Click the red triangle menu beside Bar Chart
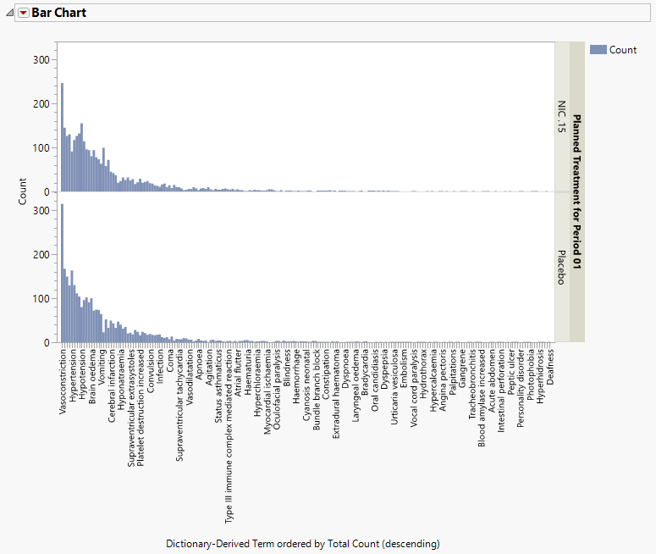pyautogui.click(x=23, y=13)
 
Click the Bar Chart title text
pyautogui.click(x=58, y=13)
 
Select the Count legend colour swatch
pyautogui.click(x=598, y=50)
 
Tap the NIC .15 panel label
pyautogui.click(x=561, y=117)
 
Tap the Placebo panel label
pyautogui.click(x=561, y=267)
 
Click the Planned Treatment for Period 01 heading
pyautogui.click(x=577, y=191)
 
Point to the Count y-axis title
pyautogui.click(x=24, y=191)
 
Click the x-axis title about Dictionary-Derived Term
pyautogui.click(x=302, y=543)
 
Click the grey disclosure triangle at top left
pyautogui.click(x=9, y=13)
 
